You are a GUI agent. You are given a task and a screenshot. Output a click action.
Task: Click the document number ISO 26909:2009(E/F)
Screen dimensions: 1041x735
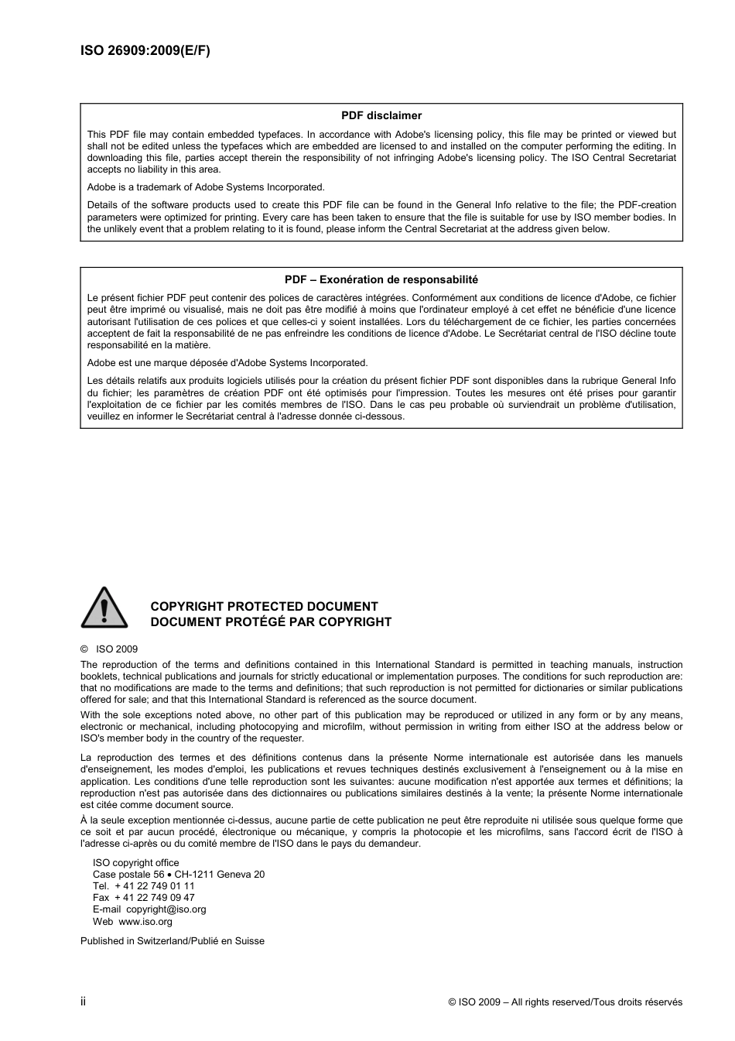tap(145, 51)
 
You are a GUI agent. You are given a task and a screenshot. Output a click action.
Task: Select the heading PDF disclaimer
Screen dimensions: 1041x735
tap(381, 115)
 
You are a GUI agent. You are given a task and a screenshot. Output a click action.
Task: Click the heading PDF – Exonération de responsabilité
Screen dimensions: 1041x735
tap(381, 279)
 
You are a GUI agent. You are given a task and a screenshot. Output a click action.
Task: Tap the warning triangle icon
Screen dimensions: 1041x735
tap(104, 608)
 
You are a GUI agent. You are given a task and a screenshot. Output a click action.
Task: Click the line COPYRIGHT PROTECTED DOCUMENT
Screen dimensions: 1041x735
tap(264, 607)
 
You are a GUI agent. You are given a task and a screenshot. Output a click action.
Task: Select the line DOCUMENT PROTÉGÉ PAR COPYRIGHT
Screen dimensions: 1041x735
tap(271, 622)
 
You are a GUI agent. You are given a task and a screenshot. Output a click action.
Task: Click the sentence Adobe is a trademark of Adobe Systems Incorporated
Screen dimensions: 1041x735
tap(206, 187)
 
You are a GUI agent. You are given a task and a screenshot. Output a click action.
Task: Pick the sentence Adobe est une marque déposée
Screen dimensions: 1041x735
tap(227, 363)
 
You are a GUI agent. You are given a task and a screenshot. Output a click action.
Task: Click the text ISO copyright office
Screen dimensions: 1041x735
tap(135, 863)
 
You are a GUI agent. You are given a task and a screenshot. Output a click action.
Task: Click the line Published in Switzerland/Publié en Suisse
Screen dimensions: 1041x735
tap(173, 941)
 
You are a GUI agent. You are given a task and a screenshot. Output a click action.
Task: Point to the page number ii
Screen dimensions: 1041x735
tap(84, 1002)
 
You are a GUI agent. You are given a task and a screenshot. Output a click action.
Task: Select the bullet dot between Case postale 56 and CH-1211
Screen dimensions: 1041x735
tap(169, 875)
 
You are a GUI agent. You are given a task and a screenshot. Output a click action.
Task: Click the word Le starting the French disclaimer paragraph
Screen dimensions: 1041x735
tap(93, 298)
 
